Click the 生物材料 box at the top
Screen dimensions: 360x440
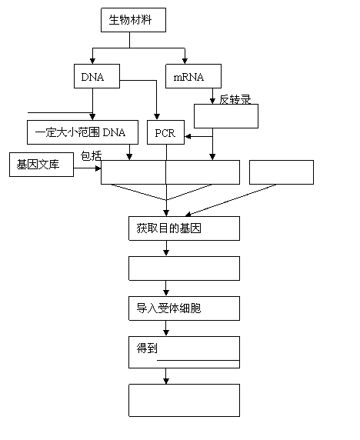(x=133, y=20)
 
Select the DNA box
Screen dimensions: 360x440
(x=97, y=76)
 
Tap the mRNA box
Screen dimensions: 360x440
(x=193, y=76)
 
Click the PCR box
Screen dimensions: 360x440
(x=166, y=132)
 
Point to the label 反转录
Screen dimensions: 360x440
(x=235, y=100)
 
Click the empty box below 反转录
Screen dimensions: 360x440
(x=226, y=116)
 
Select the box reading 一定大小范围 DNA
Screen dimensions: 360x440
(x=82, y=132)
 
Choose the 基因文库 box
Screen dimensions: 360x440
(x=42, y=165)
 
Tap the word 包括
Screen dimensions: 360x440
(x=91, y=155)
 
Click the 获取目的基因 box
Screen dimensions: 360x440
(x=184, y=228)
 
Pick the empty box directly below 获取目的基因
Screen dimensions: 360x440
(x=184, y=268)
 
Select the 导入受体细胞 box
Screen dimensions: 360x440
(x=184, y=308)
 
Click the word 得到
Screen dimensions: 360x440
(x=147, y=348)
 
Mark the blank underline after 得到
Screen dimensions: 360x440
(x=198, y=360)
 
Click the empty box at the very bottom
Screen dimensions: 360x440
(x=184, y=401)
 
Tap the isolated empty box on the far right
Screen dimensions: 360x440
(x=282, y=172)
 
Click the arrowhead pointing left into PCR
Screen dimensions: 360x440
(x=188, y=137)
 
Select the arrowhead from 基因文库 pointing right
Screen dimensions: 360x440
(x=98, y=168)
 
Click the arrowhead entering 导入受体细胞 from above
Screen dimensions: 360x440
(x=166, y=293)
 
